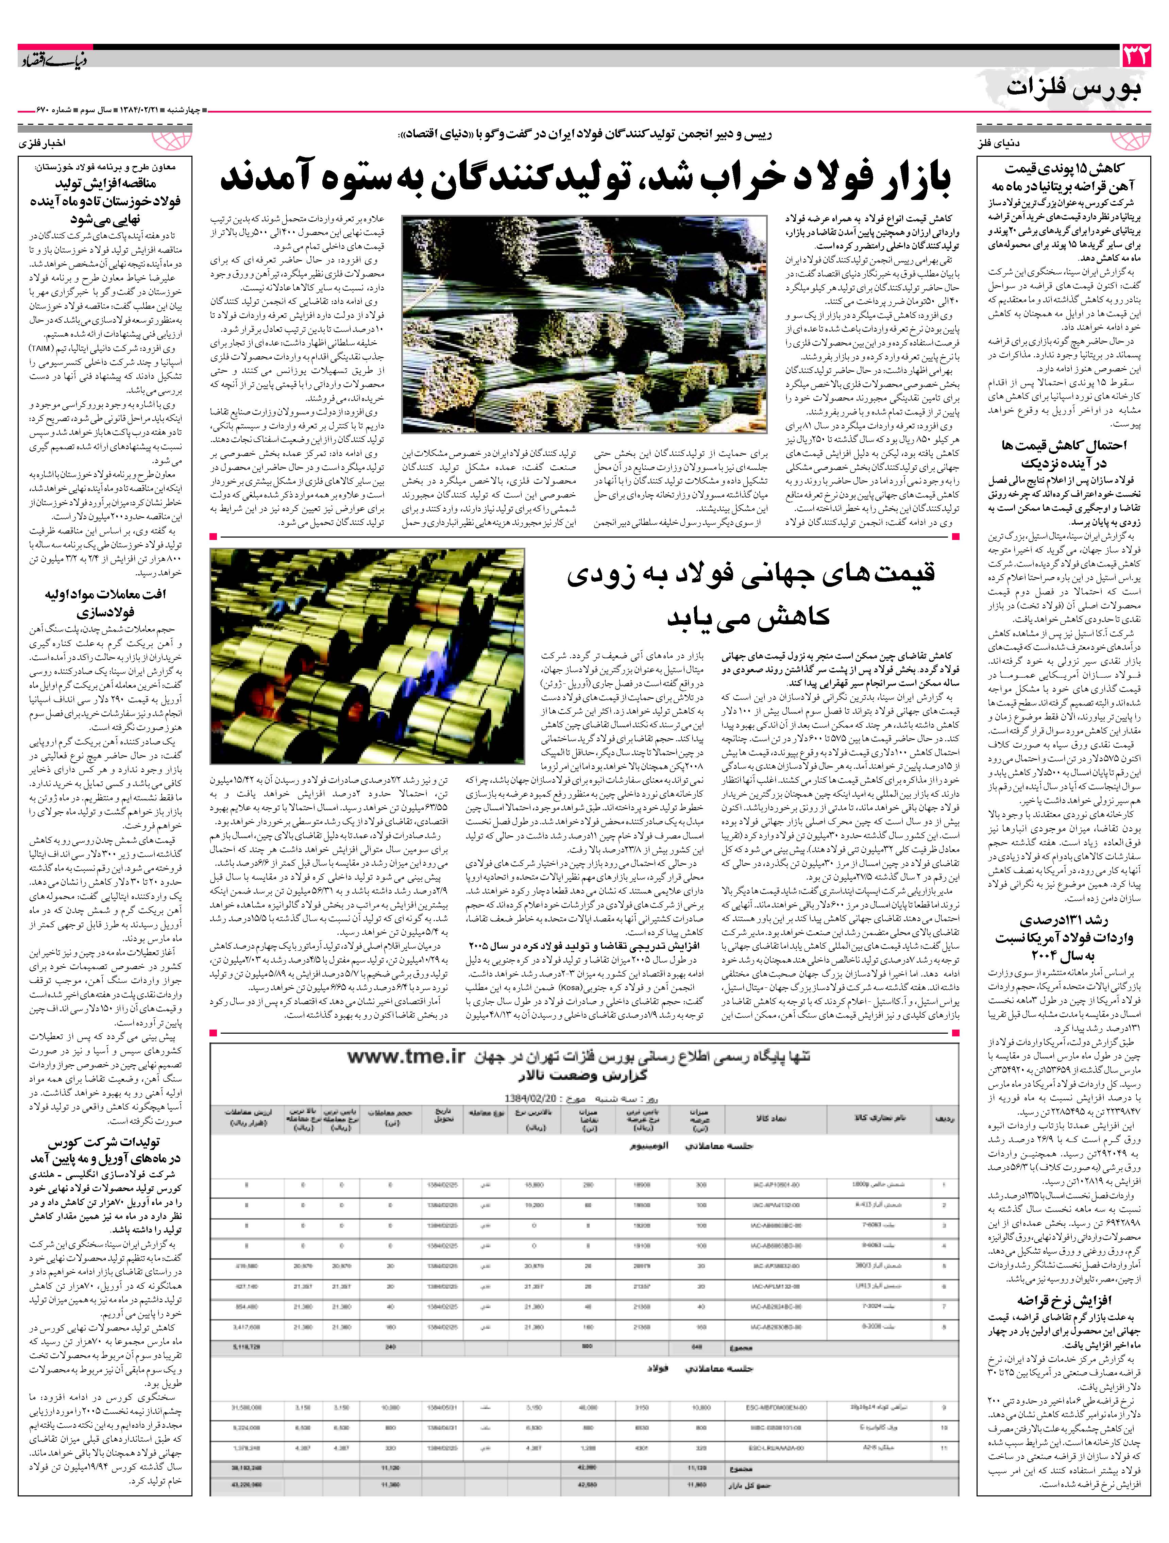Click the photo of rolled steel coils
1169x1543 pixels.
pyautogui.click(x=368, y=656)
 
